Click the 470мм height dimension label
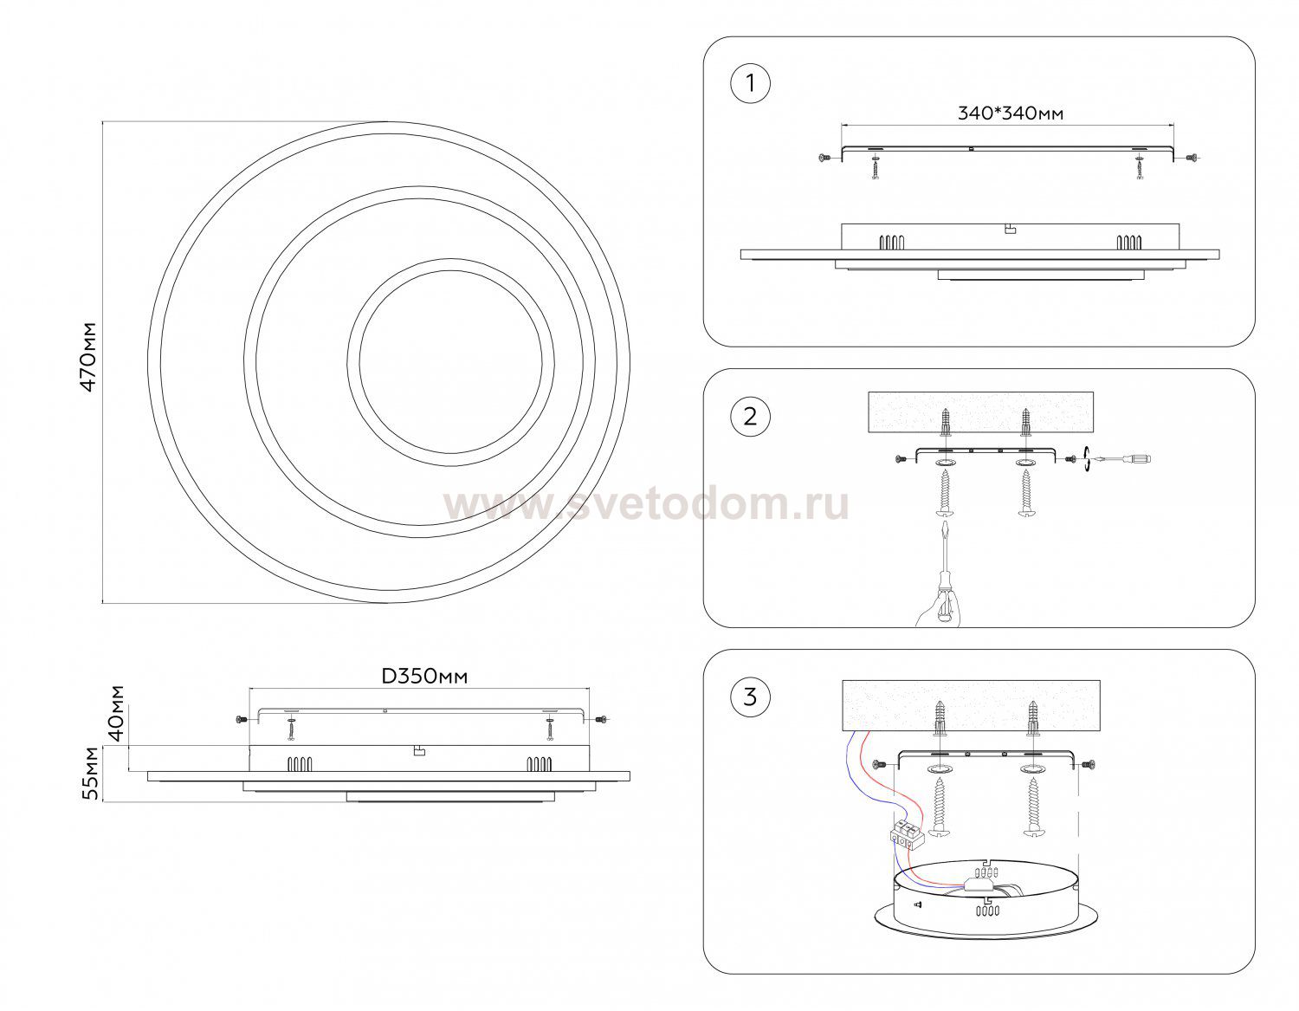[87, 357]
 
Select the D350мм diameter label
[424, 677]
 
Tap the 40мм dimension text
[117, 713]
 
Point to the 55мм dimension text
[91, 773]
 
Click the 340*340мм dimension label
[1011, 113]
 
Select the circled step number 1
[750, 84]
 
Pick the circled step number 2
[750, 417]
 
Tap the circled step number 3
[750, 697]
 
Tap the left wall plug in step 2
[946, 424]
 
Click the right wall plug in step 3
[1033, 718]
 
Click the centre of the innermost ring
[450, 362]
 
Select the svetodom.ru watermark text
[646, 504]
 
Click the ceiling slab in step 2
[980, 412]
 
